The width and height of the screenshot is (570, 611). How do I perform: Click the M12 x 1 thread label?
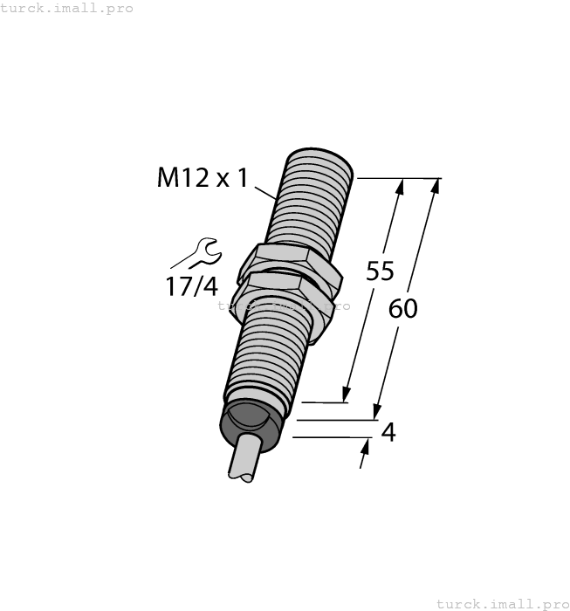pyautogui.click(x=203, y=178)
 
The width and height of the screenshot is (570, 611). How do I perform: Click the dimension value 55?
pyautogui.click(x=380, y=271)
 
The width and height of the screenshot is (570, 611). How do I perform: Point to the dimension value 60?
pyautogui.click(x=403, y=308)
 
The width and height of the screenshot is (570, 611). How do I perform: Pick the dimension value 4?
pyautogui.click(x=389, y=432)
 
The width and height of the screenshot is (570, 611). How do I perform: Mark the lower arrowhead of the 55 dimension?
pyautogui.click(x=347, y=395)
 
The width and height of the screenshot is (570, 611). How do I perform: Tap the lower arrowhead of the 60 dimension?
pyautogui.click(x=376, y=412)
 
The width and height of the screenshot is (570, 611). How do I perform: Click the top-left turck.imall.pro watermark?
pyautogui.click(x=66, y=8)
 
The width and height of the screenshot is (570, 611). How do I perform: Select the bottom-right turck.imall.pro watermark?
pyautogui.click(x=502, y=603)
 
